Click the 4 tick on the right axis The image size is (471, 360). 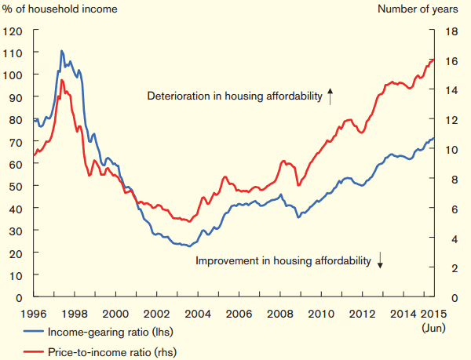pyautogui.click(x=451, y=238)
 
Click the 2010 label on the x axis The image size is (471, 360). pyautogui.click(x=322, y=315)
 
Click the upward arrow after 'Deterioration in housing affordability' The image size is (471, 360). pyautogui.click(x=330, y=96)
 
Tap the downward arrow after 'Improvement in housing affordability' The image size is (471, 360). pyautogui.click(x=380, y=260)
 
